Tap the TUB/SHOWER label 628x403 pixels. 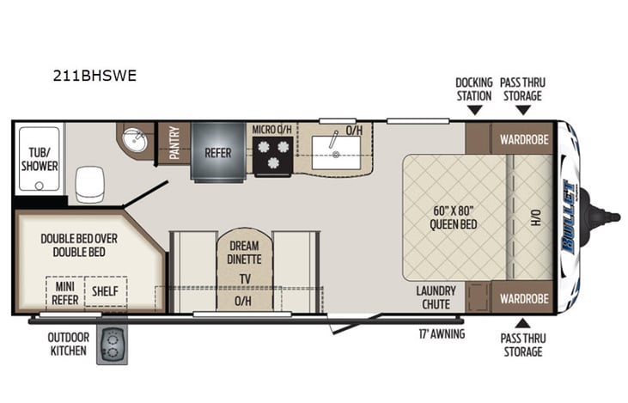pos(39,160)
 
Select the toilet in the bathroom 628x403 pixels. pos(90,184)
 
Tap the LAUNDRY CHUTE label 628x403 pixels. pos(436,297)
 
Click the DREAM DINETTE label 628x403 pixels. pos(243,251)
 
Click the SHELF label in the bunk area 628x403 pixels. pos(106,291)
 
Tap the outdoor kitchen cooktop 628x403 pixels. pos(111,345)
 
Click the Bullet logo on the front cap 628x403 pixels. pos(569,216)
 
